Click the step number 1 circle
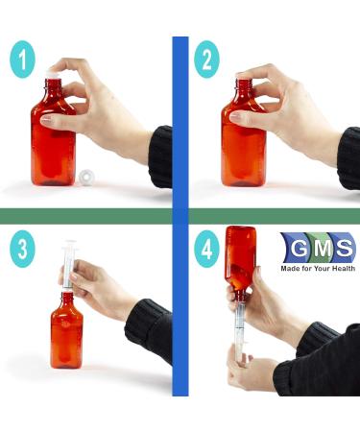[x=22, y=60]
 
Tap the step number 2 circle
[x=206, y=60]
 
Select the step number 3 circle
[x=22, y=249]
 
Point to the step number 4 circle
[x=206, y=249]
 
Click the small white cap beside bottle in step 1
[x=85, y=176]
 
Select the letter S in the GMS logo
[x=345, y=249]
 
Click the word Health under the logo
[x=343, y=268]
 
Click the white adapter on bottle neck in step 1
[x=54, y=75]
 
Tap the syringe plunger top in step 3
[x=70, y=242]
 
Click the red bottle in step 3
[x=67, y=329]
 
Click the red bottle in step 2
[x=244, y=132]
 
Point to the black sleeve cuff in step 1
[x=160, y=156]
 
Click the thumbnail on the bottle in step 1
[x=46, y=120]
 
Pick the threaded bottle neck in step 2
[x=243, y=85]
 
